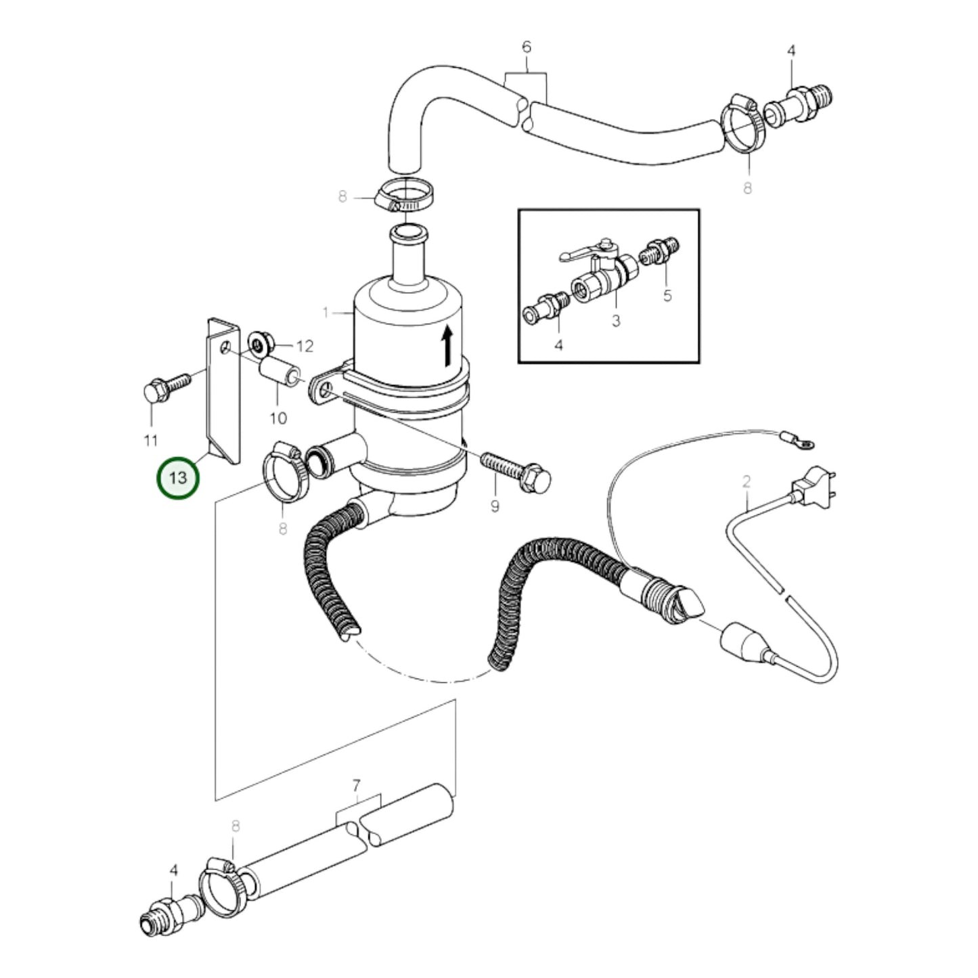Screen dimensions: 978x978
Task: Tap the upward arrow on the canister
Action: pos(446,346)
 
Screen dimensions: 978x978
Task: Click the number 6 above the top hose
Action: pos(527,47)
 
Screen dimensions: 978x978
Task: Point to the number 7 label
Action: pos(357,786)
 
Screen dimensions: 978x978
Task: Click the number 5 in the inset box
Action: pos(667,296)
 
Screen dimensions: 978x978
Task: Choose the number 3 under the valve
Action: pos(615,321)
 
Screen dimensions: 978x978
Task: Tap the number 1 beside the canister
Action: pos(326,313)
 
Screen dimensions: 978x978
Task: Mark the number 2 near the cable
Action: pos(747,481)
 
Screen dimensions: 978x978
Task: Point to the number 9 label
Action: pos(495,506)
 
